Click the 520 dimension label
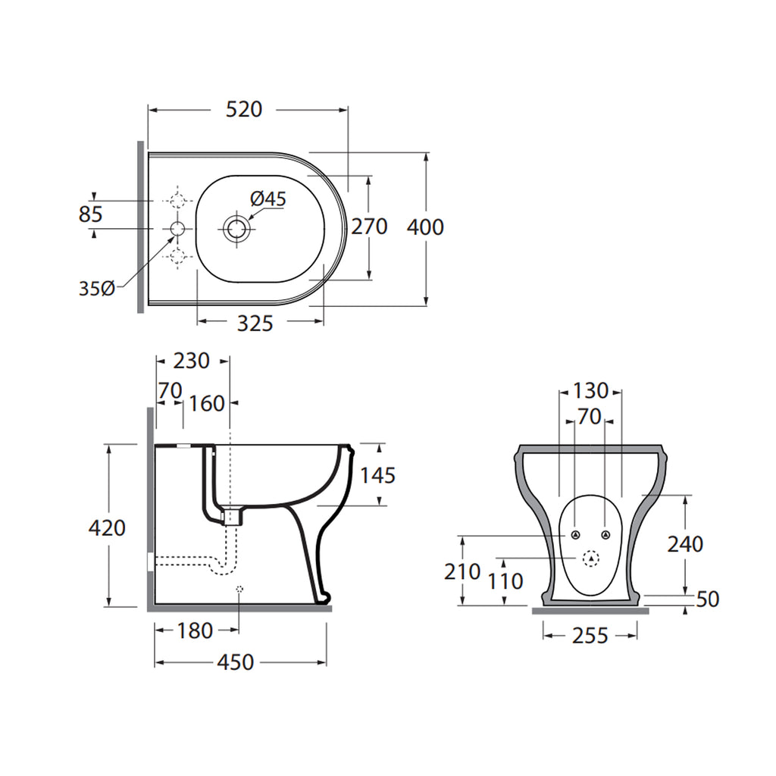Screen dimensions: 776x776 (244, 109)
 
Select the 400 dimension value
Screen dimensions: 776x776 (425, 227)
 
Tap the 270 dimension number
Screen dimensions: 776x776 (369, 227)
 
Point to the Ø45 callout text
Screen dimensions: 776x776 (268, 199)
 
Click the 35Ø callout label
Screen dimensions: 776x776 (97, 288)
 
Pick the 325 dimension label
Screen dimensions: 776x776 (255, 324)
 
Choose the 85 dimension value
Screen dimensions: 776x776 (91, 214)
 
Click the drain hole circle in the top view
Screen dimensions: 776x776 (236, 229)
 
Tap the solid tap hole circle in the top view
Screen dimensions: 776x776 (177, 229)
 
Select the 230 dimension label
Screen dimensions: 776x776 (192, 361)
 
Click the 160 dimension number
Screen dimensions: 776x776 (207, 404)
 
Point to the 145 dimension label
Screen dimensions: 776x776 (377, 476)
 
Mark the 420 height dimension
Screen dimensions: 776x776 (107, 528)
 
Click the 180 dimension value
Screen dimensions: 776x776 (195, 630)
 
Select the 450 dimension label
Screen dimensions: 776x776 (236, 662)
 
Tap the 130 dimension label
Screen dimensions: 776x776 (590, 391)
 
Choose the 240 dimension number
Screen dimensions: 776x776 (685, 544)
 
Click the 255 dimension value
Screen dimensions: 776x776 (590, 636)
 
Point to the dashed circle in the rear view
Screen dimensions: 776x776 (591, 559)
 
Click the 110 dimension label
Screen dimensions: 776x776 (505, 581)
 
